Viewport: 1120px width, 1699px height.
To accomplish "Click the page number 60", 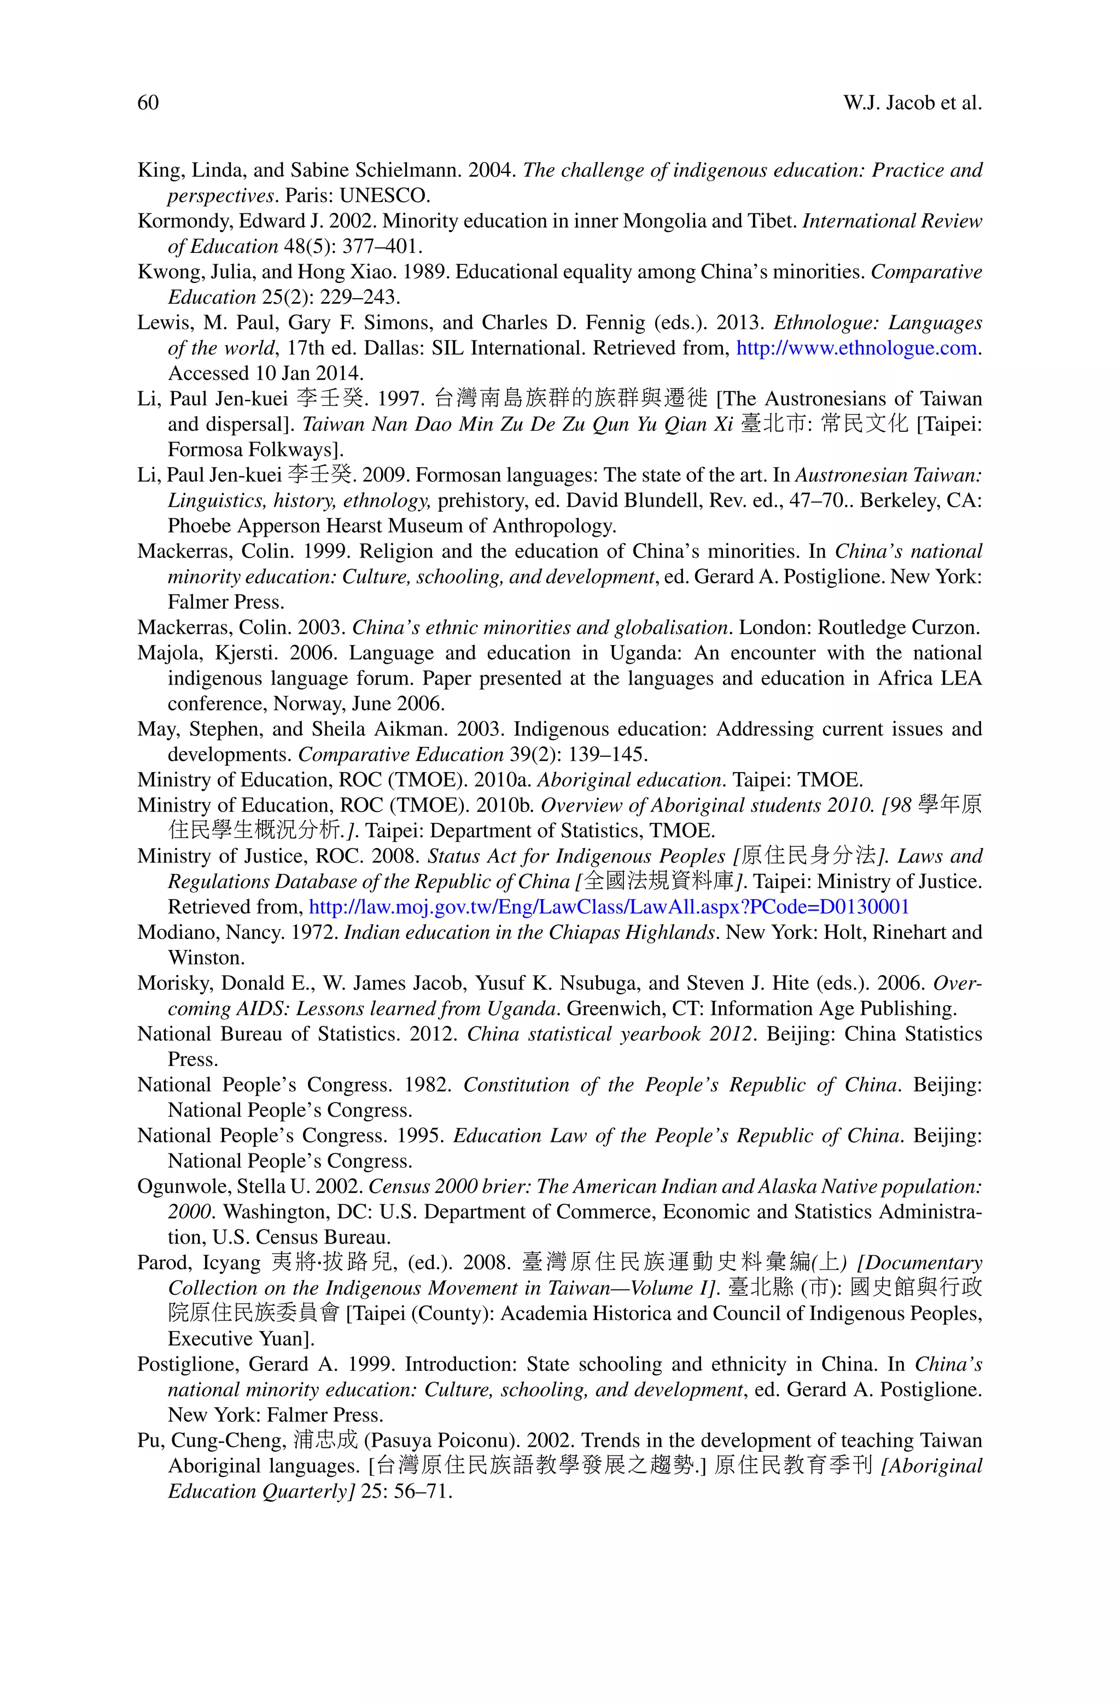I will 148,103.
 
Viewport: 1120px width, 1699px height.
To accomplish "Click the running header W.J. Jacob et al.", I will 912,103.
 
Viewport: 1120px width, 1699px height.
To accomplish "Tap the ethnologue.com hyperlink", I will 856,348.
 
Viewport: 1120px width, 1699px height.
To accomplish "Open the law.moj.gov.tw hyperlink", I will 609,907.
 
